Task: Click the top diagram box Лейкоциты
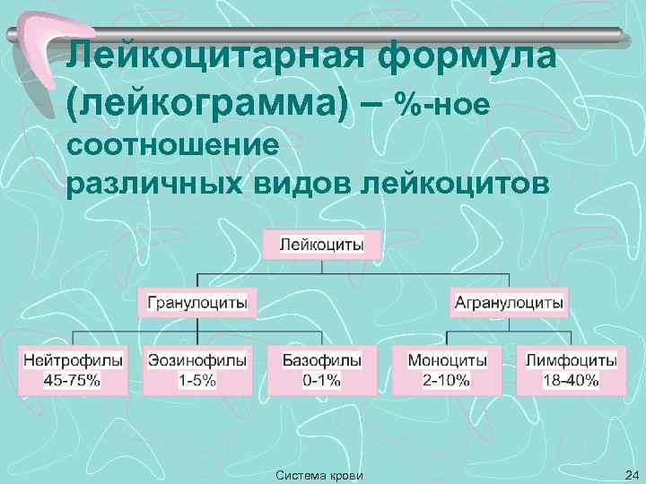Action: [322, 244]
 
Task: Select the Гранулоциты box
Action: [197, 303]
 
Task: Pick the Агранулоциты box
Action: [510, 303]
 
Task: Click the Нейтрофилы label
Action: [73, 360]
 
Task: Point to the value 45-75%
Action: [73, 380]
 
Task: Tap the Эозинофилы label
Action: [197, 360]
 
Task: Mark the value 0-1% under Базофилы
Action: [321, 380]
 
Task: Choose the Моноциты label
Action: [447, 360]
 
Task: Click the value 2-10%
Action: [447, 380]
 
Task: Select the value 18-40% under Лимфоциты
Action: [572, 380]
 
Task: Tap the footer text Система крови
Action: [320, 474]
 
